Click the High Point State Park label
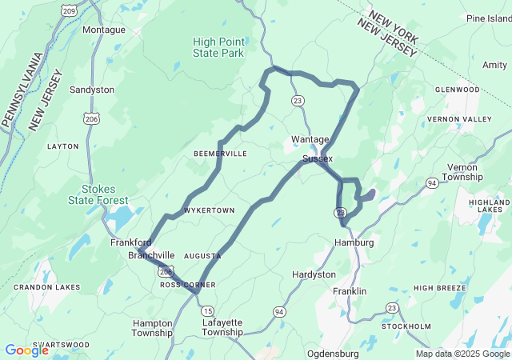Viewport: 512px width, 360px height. click(218, 47)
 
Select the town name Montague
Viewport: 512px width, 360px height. click(104, 30)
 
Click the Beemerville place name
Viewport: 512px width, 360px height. click(220, 154)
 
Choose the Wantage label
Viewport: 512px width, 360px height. click(310, 139)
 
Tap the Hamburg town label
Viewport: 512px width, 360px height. click(354, 242)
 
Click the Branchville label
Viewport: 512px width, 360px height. click(151, 255)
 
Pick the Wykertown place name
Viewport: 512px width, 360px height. click(209, 210)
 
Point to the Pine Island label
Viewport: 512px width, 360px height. click(488, 18)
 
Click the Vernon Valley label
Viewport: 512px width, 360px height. click(459, 119)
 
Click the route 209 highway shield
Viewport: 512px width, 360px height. click(70, 10)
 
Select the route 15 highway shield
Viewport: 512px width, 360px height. click(208, 310)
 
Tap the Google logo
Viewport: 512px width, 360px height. click(26, 350)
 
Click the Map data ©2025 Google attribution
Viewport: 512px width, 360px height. click(461, 354)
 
